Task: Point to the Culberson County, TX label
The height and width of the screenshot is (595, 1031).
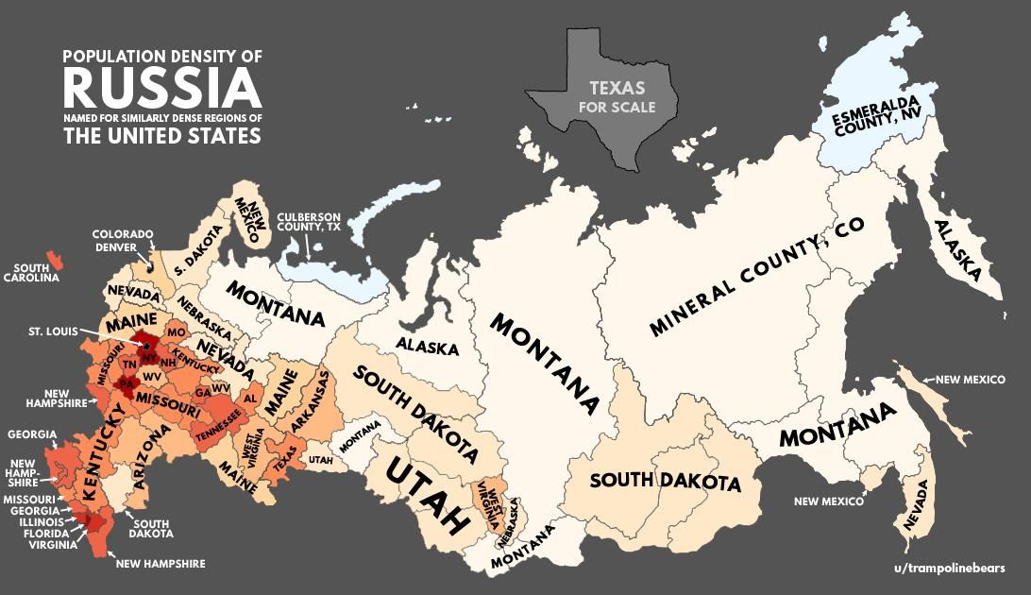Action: tap(309, 222)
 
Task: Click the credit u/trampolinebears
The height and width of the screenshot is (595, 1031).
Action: tap(948, 568)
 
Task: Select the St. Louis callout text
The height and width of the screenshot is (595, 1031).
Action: tap(53, 331)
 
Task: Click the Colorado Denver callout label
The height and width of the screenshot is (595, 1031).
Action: tap(122, 241)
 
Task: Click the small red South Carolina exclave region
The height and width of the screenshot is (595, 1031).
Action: tap(56, 257)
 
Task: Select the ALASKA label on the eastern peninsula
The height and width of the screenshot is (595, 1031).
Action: tap(958, 251)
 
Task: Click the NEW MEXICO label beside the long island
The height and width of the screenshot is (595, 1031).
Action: tap(970, 379)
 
